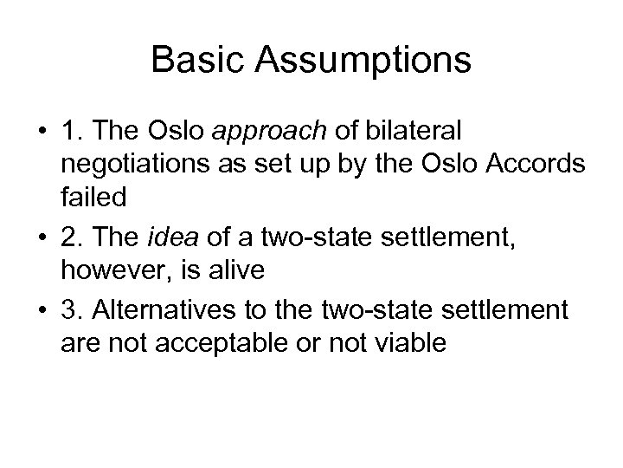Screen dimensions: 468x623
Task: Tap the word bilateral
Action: [x=415, y=131]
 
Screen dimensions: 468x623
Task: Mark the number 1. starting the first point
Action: [x=70, y=131]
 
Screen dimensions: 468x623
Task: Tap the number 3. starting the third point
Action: [x=70, y=310]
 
